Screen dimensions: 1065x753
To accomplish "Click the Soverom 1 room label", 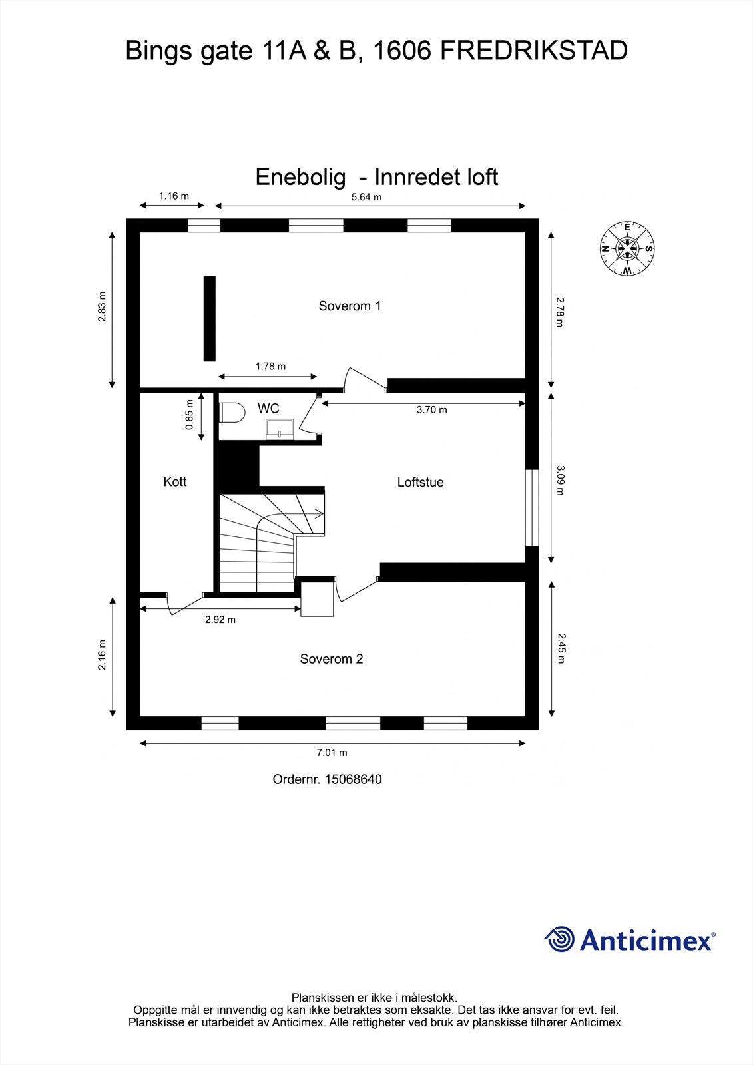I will [x=350, y=306].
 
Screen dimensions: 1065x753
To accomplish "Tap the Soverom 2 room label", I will [x=331, y=659].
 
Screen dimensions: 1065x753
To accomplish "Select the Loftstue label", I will [x=420, y=482].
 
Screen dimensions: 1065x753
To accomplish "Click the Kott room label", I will [x=175, y=481].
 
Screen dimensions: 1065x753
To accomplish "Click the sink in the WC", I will [x=280, y=429].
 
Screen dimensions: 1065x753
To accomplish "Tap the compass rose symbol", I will [x=627, y=248].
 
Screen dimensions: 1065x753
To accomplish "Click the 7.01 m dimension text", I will [x=332, y=753].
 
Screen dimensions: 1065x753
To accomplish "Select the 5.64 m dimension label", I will [x=366, y=196].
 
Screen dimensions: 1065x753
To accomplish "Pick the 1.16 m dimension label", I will [x=173, y=196].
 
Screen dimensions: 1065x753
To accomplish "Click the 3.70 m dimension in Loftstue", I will [x=431, y=410].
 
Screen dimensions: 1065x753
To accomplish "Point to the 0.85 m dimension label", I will [x=190, y=415].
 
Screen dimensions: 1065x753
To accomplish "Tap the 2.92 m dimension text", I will [x=220, y=620].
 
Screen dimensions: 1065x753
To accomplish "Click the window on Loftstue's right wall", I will [x=531, y=508].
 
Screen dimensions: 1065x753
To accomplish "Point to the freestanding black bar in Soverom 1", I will [x=210, y=318].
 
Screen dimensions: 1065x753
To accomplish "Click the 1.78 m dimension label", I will [x=270, y=366].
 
